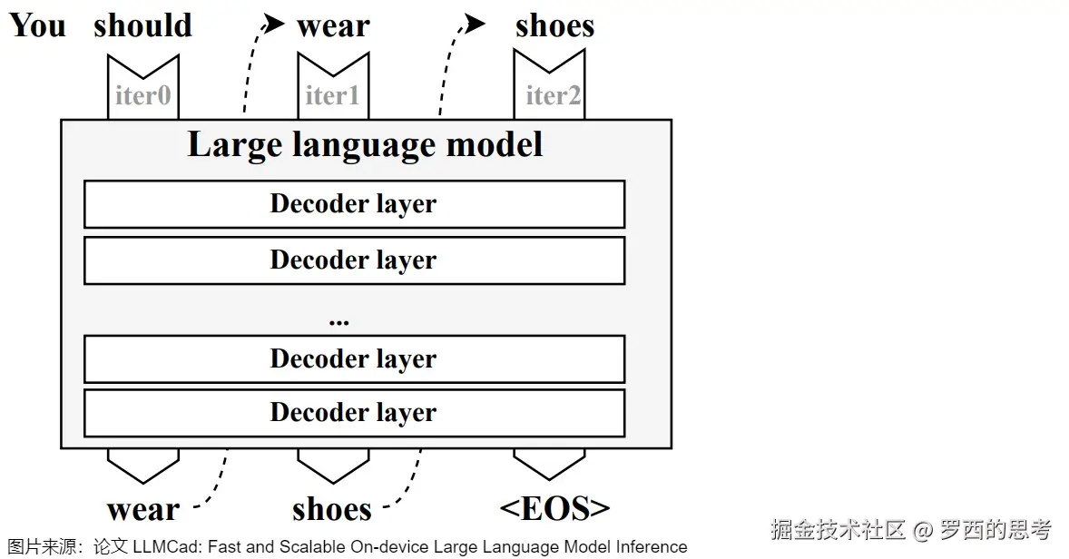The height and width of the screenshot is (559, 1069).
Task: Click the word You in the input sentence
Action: point(37,25)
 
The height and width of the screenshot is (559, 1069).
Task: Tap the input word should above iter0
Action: point(142,25)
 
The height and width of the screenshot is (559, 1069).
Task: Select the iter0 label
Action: point(142,94)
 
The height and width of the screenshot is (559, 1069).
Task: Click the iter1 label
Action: point(332,94)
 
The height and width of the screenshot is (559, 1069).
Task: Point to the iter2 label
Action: point(553,94)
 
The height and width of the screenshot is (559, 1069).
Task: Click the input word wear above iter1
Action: point(333,27)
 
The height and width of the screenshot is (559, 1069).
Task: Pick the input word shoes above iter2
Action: point(554,26)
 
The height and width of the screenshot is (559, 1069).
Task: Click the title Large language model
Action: point(365,145)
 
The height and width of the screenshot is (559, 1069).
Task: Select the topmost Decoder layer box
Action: point(354,204)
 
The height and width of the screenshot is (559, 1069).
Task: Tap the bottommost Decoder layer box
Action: point(354,413)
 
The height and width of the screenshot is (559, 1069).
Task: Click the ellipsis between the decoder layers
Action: point(339,321)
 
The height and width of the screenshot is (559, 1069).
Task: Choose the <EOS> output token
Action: point(554,508)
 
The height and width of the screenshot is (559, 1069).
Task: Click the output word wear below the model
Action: point(143,510)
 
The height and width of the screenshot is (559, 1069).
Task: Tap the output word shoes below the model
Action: point(332,509)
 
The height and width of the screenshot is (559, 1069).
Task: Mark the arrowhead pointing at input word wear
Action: point(275,25)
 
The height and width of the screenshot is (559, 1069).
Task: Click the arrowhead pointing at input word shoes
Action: point(474,24)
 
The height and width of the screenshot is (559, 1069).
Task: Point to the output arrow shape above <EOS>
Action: point(549,464)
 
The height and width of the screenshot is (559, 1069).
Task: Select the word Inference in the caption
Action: point(652,547)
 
